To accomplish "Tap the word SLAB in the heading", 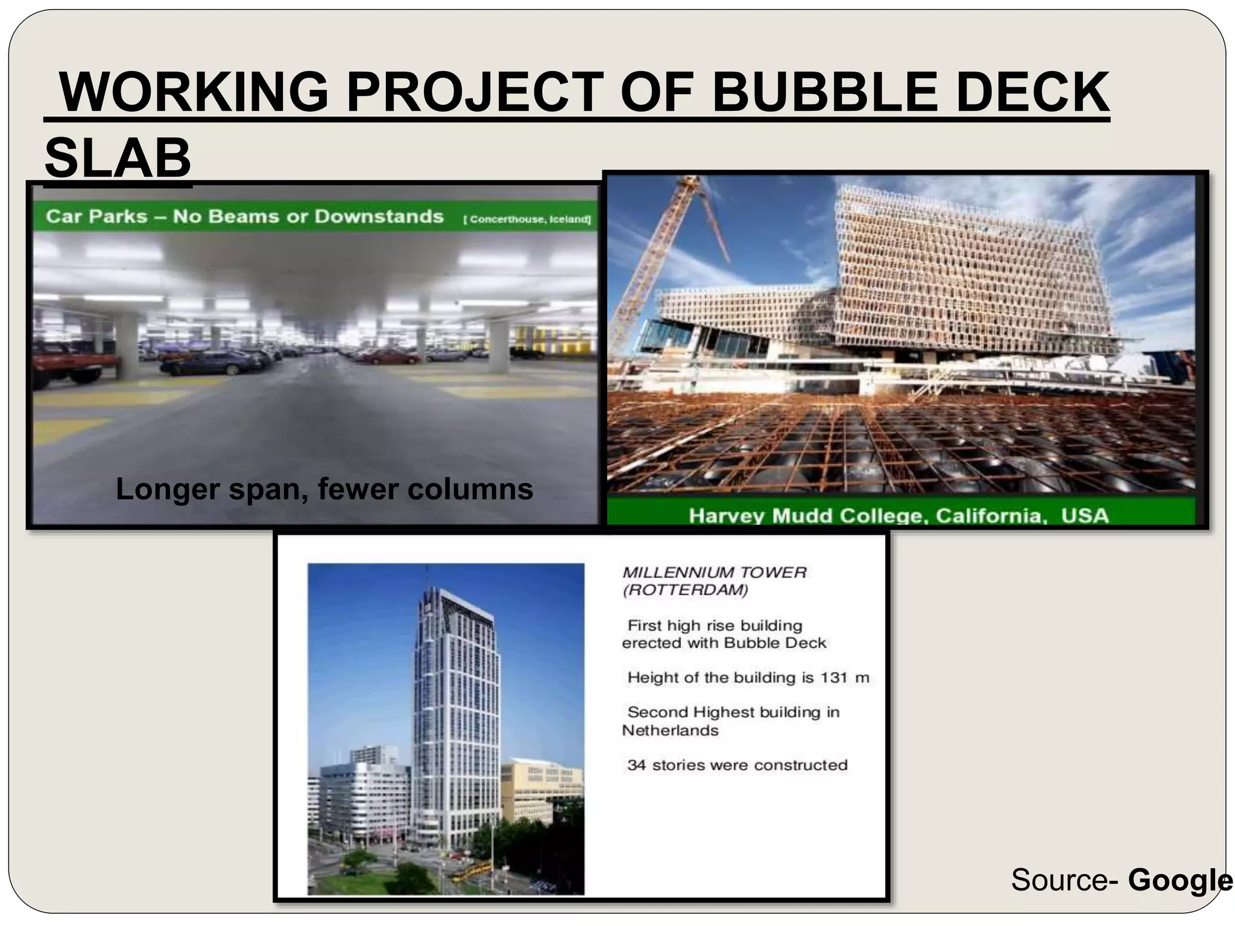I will [118, 158].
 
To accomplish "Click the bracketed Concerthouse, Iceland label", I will [526, 219].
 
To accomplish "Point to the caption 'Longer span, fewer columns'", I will [324, 489].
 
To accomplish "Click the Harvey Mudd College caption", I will [899, 516].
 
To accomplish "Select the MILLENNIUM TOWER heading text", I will [714, 573].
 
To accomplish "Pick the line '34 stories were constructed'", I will [737, 765].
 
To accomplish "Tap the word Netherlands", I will [670, 731].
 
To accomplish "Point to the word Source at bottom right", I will [1059, 880].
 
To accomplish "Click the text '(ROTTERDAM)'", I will [685, 590].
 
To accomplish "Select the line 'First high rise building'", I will [715, 626].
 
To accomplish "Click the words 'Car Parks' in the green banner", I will [96, 216].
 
